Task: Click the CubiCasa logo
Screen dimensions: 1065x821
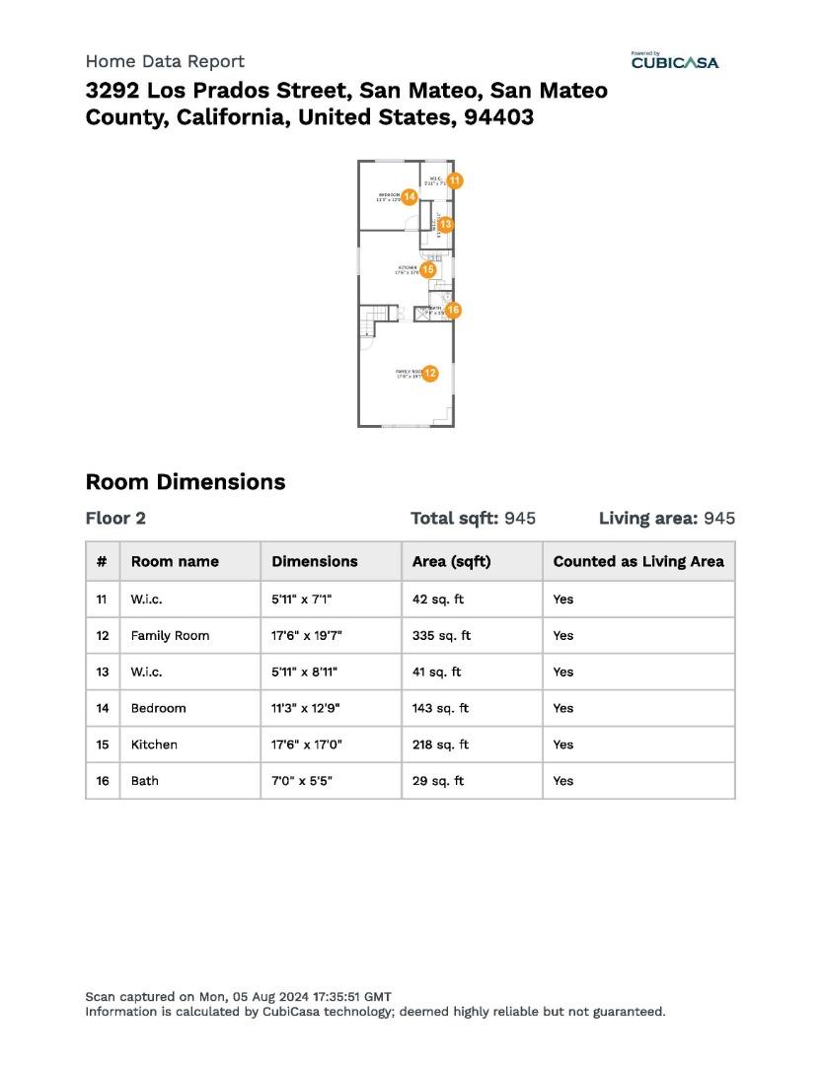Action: pyautogui.click(x=675, y=62)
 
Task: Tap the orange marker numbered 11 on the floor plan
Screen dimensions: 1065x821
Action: pyautogui.click(x=455, y=180)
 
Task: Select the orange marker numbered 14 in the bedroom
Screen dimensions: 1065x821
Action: pyautogui.click(x=410, y=196)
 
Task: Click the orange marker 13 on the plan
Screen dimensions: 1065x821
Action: pyautogui.click(x=446, y=225)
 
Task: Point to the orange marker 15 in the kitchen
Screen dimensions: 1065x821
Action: pyautogui.click(x=428, y=268)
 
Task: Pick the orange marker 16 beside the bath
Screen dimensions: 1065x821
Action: pyautogui.click(x=453, y=310)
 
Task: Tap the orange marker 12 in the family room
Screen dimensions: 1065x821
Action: pyautogui.click(x=430, y=373)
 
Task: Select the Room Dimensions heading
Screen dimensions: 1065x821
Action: pyautogui.click(x=186, y=482)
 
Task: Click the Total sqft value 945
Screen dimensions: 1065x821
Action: pyautogui.click(x=520, y=519)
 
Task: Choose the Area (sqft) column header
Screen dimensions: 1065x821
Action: pyautogui.click(x=451, y=561)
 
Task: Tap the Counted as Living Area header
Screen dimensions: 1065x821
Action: pyautogui.click(x=638, y=561)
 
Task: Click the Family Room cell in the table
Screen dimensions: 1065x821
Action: pyautogui.click(x=170, y=636)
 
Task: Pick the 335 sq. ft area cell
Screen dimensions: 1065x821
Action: pyautogui.click(x=441, y=636)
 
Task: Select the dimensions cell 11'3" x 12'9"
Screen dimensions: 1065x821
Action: pyautogui.click(x=306, y=708)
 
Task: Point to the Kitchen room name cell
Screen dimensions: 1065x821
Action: pyautogui.click(x=154, y=745)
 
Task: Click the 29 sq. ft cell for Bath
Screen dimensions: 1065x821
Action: pyautogui.click(x=437, y=781)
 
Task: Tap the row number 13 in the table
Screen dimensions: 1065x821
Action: pyautogui.click(x=103, y=672)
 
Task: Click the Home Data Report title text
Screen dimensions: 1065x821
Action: pyautogui.click(x=165, y=61)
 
